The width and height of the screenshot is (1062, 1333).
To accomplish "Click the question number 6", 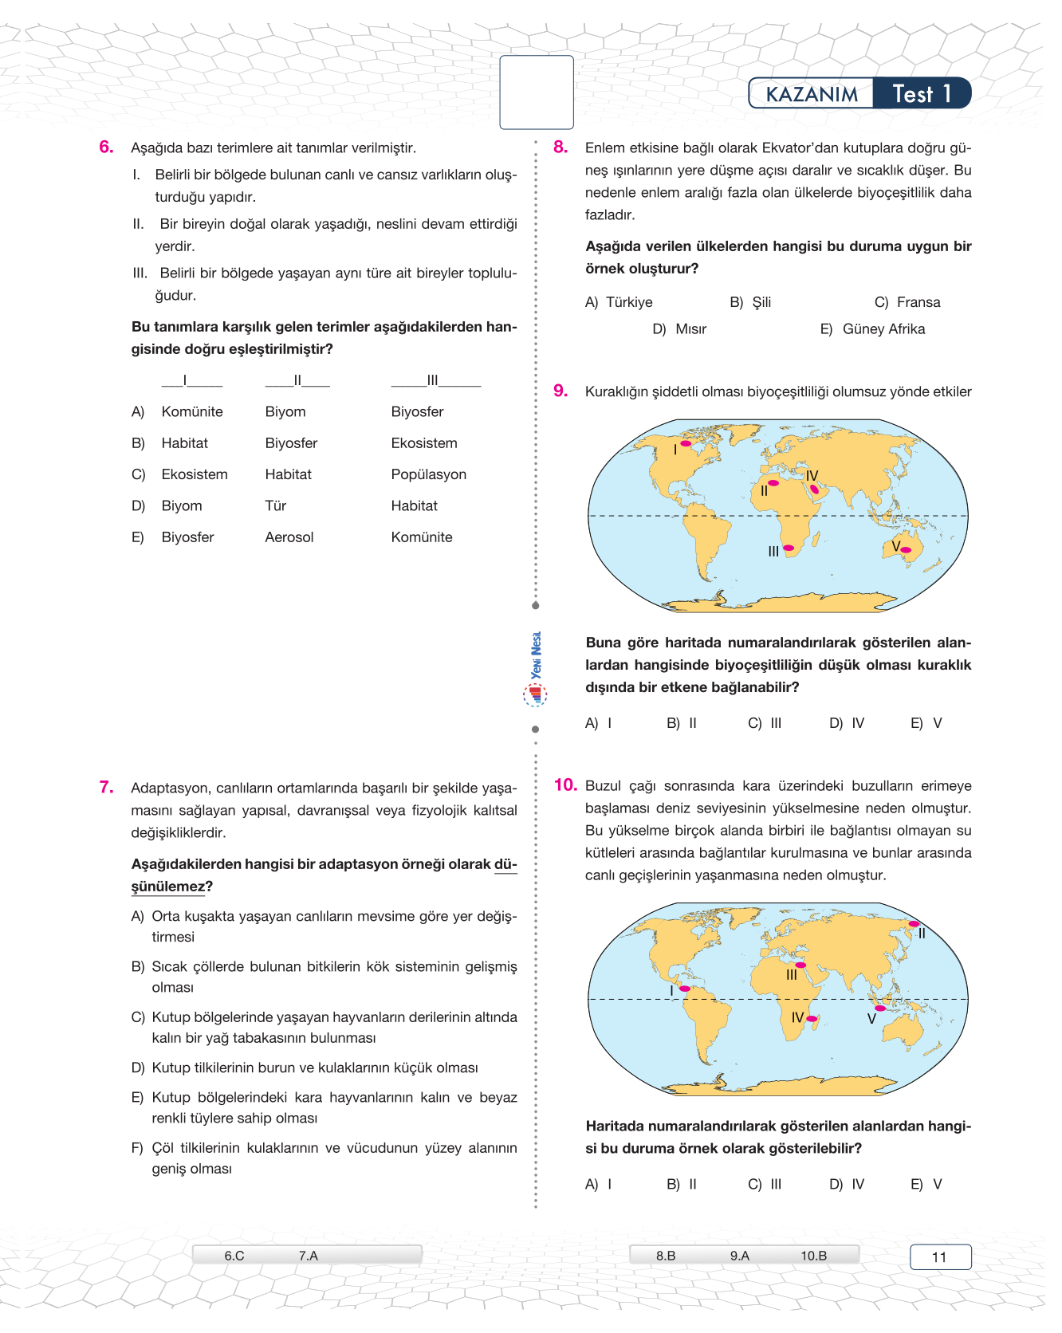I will point(106,147).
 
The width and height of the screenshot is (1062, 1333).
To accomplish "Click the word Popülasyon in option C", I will point(428,474).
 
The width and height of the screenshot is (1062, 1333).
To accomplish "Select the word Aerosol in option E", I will point(289,537).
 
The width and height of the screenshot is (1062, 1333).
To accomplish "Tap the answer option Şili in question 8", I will point(761,302).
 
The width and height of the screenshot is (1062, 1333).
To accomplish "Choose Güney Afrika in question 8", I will point(883,329).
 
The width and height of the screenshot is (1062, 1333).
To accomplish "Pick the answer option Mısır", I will point(690,329).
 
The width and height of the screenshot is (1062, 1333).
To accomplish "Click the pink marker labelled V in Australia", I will point(906,549).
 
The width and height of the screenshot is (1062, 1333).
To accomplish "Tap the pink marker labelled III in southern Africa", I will point(789,548).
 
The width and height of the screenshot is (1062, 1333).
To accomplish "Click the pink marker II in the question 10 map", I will point(914,924).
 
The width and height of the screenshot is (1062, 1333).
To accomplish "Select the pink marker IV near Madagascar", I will point(812,1018).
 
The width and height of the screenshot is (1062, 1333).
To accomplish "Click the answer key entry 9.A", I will point(739,1256).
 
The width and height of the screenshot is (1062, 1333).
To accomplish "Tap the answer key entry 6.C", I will point(234,1256).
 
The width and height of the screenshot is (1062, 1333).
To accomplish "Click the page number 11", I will point(939,1257).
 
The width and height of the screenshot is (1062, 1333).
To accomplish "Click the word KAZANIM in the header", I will point(811,94).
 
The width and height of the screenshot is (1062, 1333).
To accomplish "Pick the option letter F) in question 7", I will point(137,1148).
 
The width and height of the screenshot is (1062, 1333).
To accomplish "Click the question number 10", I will point(565,785).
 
